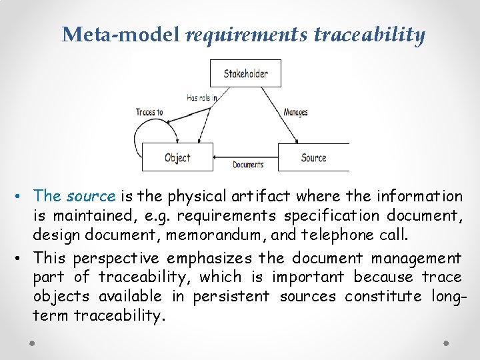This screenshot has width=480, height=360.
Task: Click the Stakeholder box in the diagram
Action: [245, 73]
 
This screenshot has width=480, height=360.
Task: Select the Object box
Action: [177, 157]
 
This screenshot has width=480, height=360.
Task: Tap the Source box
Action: [313, 157]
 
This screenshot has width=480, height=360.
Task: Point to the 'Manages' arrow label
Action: [295, 112]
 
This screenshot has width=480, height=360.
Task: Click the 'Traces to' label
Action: [149, 112]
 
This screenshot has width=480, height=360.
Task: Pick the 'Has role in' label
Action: [201, 97]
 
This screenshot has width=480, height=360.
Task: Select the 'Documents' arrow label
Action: [247, 165]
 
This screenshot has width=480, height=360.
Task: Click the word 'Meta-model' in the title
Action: [121, 35]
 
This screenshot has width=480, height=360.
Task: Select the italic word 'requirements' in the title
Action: [247, 35]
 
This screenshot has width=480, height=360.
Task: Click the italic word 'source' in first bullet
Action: [91, 196]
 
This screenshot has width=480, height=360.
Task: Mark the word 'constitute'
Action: [378, 296]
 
